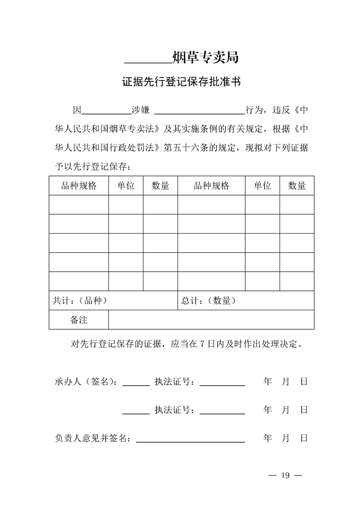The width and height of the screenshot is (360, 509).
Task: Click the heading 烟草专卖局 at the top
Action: click(206, 58)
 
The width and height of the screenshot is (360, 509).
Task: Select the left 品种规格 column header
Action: click(79, 186)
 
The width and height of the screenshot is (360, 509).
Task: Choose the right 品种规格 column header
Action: click(211, 186)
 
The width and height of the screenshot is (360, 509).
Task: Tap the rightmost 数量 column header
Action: click(297, 186)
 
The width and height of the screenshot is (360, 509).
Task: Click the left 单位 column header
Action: click(126, 186)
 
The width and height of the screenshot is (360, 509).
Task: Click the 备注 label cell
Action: click(79, 320)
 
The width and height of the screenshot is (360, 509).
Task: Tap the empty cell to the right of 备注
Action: click(211, 320)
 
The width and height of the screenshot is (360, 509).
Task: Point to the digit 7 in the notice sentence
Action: click(202, 344)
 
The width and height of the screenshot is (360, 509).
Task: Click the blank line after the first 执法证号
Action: click(222, 385)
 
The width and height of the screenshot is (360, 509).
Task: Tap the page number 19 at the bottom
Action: click(285, 475)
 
